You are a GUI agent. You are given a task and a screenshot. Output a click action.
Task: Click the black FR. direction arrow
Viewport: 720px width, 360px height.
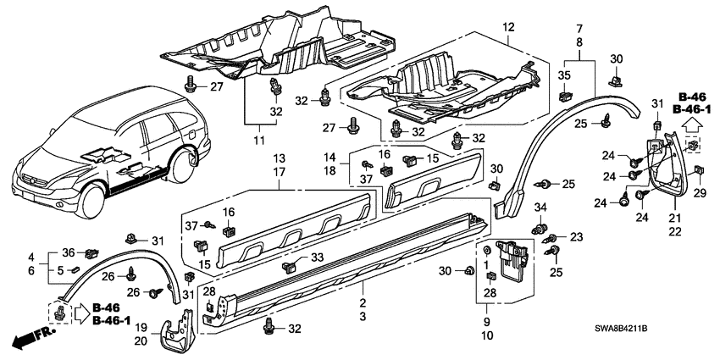[30, 340]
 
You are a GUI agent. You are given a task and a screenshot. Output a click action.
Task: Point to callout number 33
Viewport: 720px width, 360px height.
[315, 258]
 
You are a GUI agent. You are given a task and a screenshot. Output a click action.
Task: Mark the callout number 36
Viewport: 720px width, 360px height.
[69, 252]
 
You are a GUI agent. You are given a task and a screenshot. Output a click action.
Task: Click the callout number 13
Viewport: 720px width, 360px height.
[279, 159]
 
